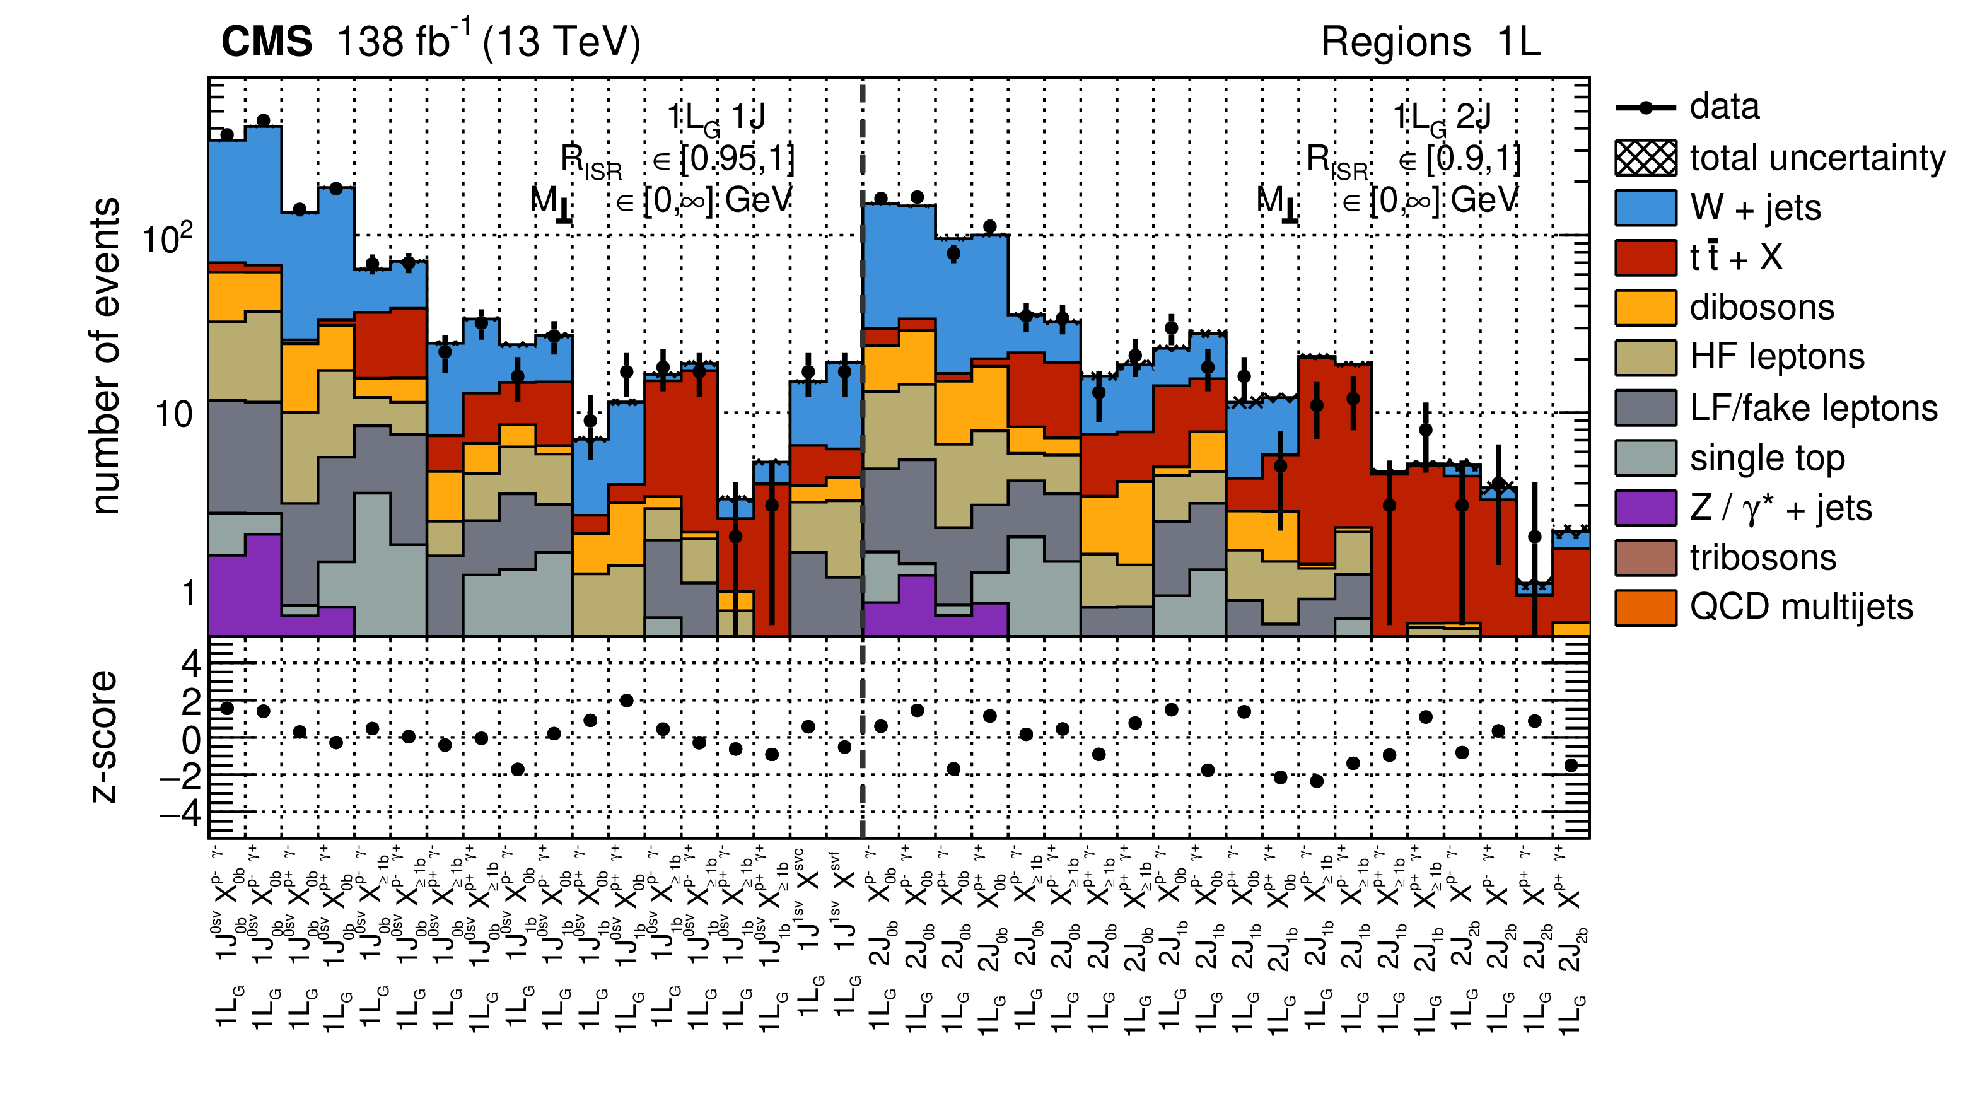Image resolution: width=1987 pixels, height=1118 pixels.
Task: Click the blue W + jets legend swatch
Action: click(1645, 207)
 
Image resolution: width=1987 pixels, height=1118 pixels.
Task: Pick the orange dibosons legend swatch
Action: click(1645, 308)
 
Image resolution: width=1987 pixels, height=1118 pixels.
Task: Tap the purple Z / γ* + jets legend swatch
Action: click(1645, 508)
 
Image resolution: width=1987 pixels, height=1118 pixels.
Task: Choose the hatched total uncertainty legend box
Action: click(1645, 158)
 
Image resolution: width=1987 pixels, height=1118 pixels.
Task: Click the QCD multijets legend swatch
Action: click(1645, 607)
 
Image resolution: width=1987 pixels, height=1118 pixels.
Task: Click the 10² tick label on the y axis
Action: click(166, 238)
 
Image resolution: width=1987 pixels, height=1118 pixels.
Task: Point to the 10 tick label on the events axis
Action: click(173, 415)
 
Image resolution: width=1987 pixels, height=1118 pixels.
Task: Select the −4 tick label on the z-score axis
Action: click(180, 812)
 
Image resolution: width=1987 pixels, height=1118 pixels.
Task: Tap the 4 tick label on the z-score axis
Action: click(190, 663)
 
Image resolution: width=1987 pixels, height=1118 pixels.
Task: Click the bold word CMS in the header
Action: click(267, 42)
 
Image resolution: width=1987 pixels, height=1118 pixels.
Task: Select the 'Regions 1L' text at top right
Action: click(1430, 42)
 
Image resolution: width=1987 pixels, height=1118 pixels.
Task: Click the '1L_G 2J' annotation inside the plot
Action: click(1441, 118)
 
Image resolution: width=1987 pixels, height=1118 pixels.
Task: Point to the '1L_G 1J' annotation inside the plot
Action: click(715, 118)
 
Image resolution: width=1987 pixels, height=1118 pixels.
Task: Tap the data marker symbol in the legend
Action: click(1645, 108)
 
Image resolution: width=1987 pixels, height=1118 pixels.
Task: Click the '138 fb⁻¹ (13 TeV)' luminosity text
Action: click(488, 42)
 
